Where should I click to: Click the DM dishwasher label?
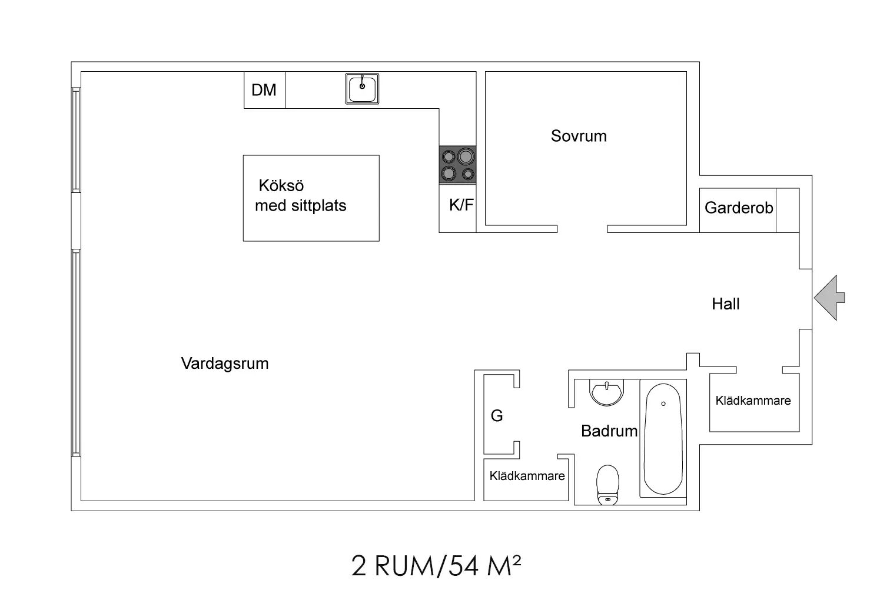click(x=264, y=90)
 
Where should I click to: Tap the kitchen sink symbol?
click(x=362, y=89)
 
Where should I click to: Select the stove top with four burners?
click(x=457, y=164)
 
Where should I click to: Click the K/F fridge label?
click(x=461, y=205)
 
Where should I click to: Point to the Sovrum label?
click(x=579, y=136)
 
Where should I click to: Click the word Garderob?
click(x=738, y=208)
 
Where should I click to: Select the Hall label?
click(x=725, y=304)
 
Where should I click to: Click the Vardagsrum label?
click(x=224, y=364)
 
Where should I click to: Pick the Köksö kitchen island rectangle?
click(x=311, y=198)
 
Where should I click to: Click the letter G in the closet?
click(x=497, y=416)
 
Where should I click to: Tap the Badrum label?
click(x=609, y=431)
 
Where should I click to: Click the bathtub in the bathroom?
click(x=663, y=439)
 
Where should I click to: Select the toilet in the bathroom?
click(x=607, y=485)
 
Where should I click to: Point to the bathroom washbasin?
click(x=606, y=392)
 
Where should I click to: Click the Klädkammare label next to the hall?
click(x=753, y=401)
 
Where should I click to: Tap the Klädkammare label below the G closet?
click(x=527, y=476)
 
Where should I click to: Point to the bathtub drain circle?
click(x=663, y=404)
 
